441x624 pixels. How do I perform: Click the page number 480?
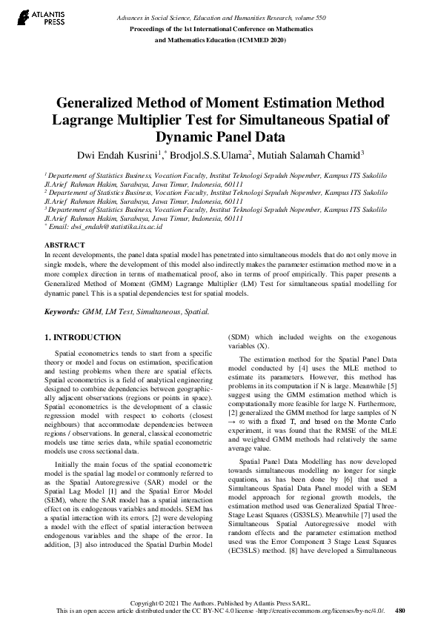tap(401, 611)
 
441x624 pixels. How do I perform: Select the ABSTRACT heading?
tap(64, 244)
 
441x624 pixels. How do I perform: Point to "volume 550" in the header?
tap(319, 16)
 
